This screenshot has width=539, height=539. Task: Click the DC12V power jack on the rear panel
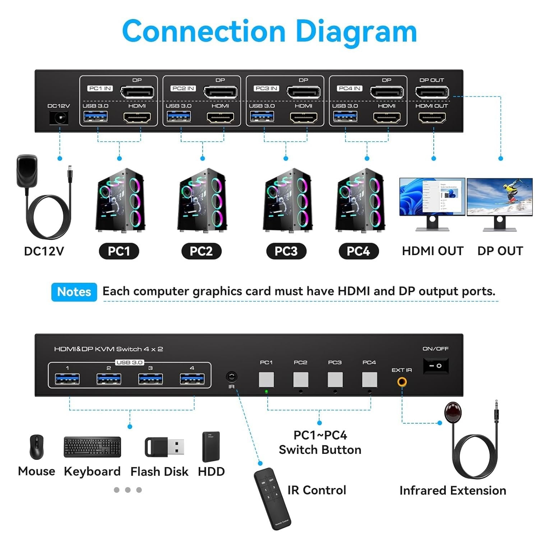[59, 118]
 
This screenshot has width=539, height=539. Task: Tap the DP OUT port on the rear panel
[432, 92]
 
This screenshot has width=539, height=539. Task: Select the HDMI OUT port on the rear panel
[432, 118]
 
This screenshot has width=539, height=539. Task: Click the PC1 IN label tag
[100, 88]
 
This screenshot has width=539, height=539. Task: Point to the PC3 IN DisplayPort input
[303, 92]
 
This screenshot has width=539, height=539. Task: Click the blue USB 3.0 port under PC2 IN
[179, 117]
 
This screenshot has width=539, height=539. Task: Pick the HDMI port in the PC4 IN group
[387, 118]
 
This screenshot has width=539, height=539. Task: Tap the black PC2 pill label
[201, 251]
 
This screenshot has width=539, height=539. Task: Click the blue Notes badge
[74, 292]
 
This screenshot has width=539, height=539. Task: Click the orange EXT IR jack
[402, 382]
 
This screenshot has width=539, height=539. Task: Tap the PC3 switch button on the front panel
[335, 380]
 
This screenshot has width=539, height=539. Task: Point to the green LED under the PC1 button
[266, 392]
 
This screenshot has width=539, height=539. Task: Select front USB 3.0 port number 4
[192, 379]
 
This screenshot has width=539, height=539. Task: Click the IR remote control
[272, 499]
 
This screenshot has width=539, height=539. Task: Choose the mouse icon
[36, 447]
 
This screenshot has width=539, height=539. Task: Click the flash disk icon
[164, 447]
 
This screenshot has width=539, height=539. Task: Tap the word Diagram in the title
[355, 32]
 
